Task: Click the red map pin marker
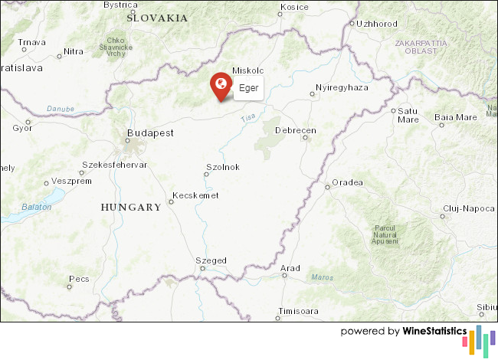click(221, 84)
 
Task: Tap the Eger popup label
click(248, 88)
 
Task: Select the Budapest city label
click(150, 133)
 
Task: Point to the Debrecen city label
click(295, 131)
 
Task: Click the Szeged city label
click(211, 260)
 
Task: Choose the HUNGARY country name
click(131, 207)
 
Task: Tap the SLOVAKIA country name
click(157, 17)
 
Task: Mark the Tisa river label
click(248, 118)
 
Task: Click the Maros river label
click(323, 277)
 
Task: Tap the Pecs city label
click(79, 279)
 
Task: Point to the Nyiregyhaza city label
click(343, 87)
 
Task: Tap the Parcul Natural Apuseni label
click(386, 235)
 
